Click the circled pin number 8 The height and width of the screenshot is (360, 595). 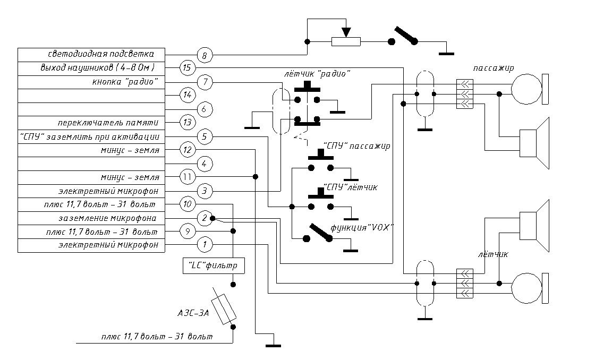205,55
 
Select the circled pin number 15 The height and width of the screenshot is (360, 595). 186,68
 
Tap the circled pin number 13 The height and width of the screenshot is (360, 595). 187,123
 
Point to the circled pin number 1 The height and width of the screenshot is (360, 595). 205,245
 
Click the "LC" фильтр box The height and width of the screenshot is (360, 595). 214,265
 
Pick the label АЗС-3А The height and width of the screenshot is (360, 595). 193,313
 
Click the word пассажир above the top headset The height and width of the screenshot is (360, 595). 494,68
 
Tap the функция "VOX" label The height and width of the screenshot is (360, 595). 362,228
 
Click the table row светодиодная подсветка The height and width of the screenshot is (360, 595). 91,55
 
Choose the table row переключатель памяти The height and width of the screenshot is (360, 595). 91,123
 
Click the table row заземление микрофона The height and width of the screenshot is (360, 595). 91,218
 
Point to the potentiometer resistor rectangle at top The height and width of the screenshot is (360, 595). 346,42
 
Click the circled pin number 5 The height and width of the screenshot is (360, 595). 205,136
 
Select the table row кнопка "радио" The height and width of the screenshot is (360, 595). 91,82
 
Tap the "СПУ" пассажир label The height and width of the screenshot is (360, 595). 356,146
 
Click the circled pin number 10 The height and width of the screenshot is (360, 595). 187,204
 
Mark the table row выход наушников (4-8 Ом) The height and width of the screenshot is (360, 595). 91,68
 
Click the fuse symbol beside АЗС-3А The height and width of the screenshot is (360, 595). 224,309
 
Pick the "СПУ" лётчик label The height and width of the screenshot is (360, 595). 351,187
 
